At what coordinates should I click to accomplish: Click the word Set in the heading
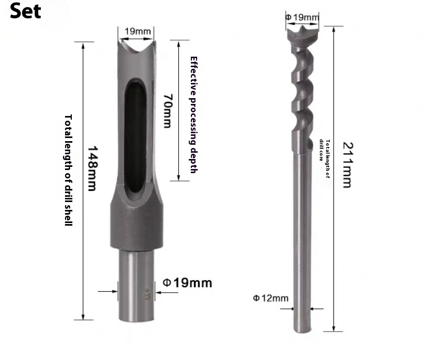pos(25,12)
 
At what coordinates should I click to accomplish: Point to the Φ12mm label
pos(271,298)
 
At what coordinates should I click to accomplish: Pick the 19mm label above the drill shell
pos(135,31)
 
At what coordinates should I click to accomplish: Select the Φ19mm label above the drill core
pos(302,17)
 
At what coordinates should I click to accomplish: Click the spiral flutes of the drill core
pos(301,89)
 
